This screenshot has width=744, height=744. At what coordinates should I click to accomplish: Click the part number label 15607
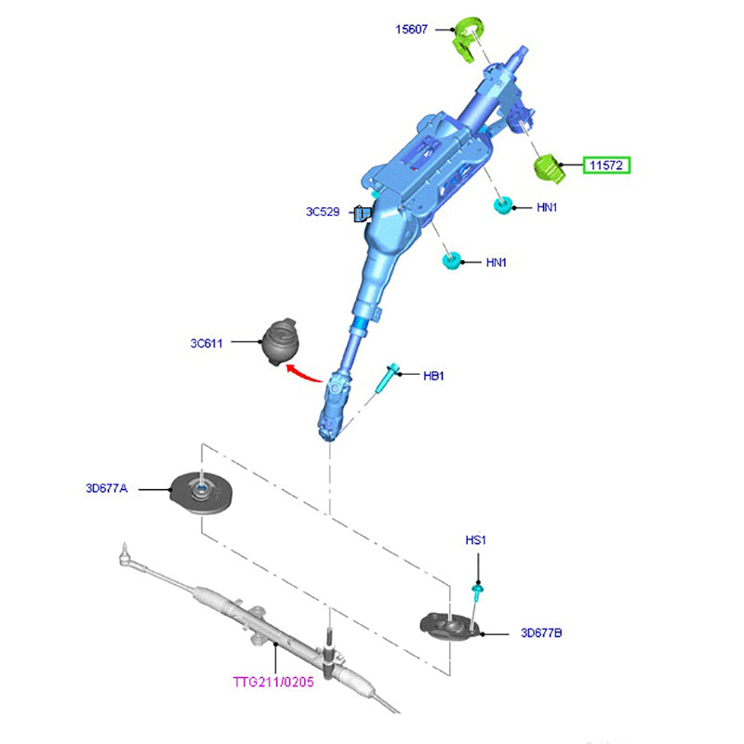point(412,30)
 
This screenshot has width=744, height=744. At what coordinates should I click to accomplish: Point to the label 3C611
point(206,343)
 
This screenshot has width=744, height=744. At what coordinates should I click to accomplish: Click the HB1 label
point(434,376)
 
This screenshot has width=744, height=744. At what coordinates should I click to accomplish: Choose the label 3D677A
point(108,487)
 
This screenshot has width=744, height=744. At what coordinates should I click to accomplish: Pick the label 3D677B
point(541,633)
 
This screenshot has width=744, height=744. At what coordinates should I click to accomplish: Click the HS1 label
point(476,540)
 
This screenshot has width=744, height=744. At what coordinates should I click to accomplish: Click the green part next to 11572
point(551,167)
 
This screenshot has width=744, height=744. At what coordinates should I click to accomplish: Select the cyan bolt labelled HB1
point(387,379)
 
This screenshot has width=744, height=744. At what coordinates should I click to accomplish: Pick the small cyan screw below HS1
point(476,595)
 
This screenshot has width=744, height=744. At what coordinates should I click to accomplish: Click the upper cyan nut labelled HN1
point(503,206)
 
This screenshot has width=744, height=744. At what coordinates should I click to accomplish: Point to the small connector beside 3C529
point(361,215)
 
